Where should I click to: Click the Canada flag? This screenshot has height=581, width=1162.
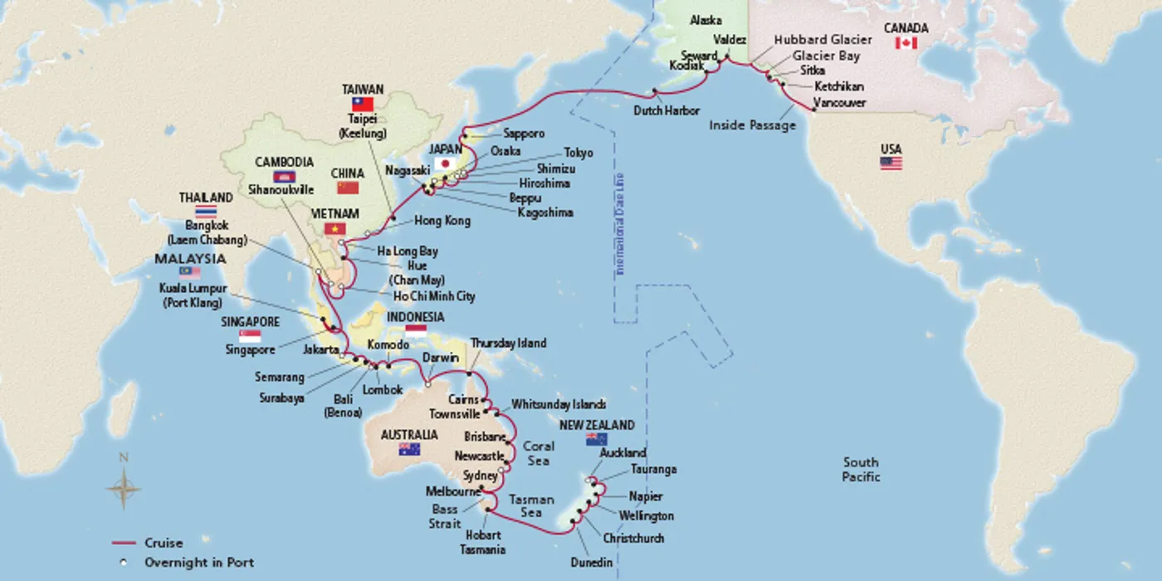click(x=906, y=43)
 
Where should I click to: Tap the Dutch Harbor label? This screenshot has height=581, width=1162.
click(x=666, y=110)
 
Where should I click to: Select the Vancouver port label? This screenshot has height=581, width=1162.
click(x=839, y=103)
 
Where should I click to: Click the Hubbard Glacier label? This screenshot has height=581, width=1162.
click(x=823, y=40)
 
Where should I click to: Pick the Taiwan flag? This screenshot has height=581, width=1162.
click(x=363, y=104)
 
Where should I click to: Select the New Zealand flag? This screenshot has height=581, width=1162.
click(x=596, y=440)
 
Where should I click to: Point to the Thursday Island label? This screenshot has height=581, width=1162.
click(x=508, y=344)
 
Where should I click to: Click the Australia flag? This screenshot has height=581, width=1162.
click(x=408, y=449)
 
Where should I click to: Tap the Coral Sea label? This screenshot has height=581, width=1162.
click(x=538, y=453)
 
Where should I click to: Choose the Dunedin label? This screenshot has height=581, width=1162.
click(x=591, y=563)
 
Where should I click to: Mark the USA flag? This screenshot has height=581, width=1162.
click(x=891, y=164)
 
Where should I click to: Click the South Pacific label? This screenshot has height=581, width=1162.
click(x=861, y=469)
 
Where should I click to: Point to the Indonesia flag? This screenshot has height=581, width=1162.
click(x=415, y=331)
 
